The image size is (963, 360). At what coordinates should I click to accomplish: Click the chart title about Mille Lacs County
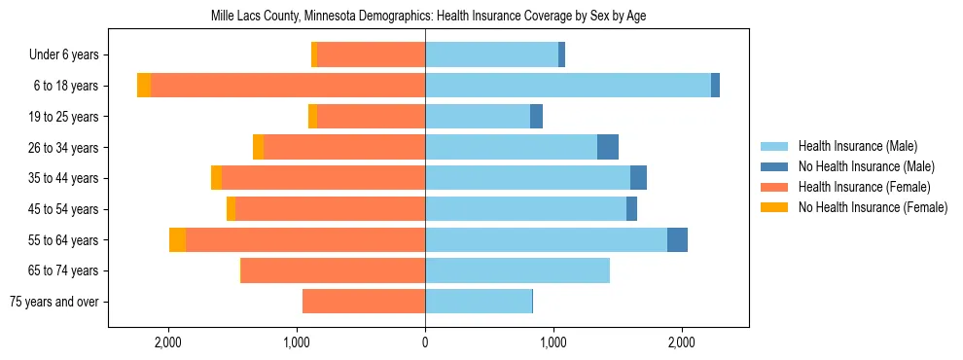coord(428,17)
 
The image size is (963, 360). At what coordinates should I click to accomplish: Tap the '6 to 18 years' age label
coord(65,86)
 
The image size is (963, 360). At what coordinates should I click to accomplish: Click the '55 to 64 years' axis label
coord(63,240)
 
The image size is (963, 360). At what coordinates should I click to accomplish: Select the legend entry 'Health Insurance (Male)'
coord(857,147)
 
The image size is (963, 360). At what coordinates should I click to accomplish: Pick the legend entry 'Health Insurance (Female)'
coord(864,187)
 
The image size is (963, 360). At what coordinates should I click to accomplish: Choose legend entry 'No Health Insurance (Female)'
coord(873,207)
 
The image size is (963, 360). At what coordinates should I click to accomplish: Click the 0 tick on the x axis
coord(425,342)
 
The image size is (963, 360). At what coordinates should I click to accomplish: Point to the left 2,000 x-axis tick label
coord(168,342)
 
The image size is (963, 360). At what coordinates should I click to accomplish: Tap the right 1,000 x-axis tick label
coord(553,342)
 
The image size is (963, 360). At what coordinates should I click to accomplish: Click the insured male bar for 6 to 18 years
coord(568,86)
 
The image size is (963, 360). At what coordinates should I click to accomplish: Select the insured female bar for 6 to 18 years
coord(288,86)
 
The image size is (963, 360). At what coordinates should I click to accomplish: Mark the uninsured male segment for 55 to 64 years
coord(677,240)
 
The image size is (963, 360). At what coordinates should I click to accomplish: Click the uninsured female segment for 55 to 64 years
coord(177,240)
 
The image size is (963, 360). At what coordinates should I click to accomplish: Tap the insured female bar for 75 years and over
coord(364,302)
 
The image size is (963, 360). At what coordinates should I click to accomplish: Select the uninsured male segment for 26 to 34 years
coord(608,147)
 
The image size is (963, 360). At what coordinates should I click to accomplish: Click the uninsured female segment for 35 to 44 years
coord(216,178)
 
